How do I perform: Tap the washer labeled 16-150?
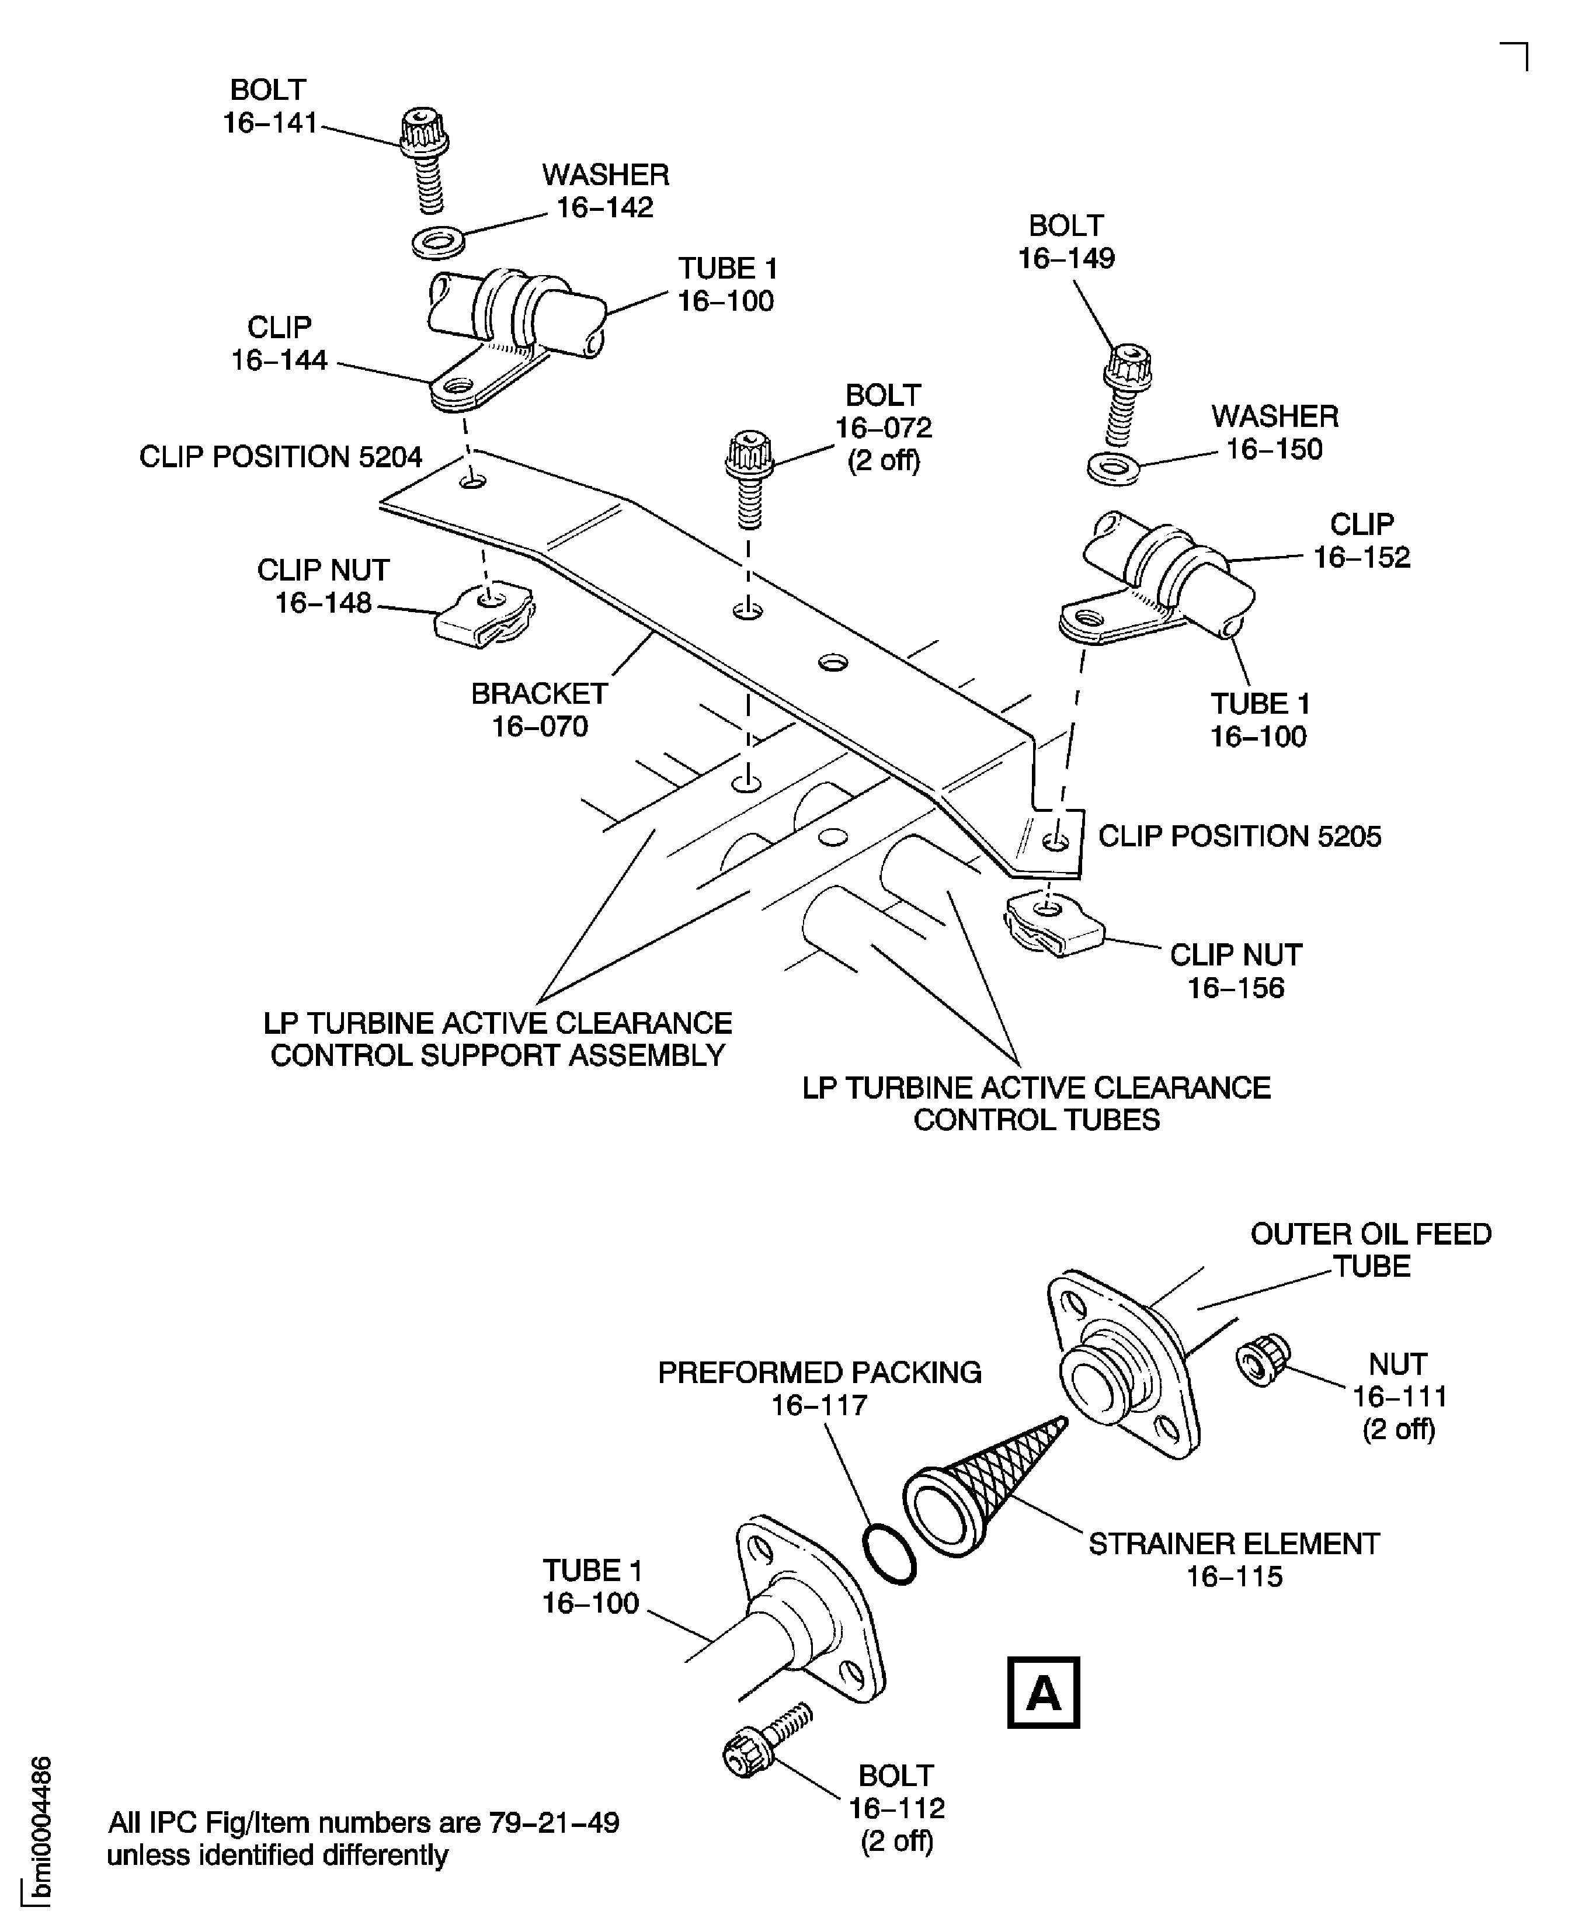coord(1112,468)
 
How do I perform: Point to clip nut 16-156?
coord(1052,923)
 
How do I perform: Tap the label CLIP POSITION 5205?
coord(1239,836)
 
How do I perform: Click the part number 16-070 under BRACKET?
coord(540,727)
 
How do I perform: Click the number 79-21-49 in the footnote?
coord(554,1822)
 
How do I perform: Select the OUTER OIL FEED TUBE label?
coord(1371,1249)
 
